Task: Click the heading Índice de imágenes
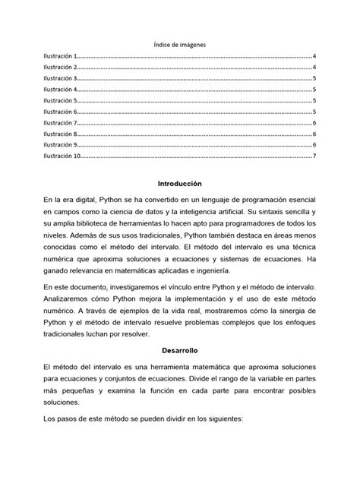[180, 45]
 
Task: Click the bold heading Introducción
[179, 184]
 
